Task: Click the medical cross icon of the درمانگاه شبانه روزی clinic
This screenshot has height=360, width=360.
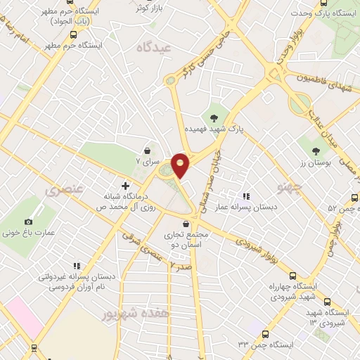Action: point(126,186)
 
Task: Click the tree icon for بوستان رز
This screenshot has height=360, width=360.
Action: point(316,150)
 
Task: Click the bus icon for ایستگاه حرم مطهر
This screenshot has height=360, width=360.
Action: point(73,34)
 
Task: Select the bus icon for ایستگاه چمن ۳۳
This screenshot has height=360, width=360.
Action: point(265,334)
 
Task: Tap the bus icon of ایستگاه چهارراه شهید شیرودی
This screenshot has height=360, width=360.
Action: point(293,276)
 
